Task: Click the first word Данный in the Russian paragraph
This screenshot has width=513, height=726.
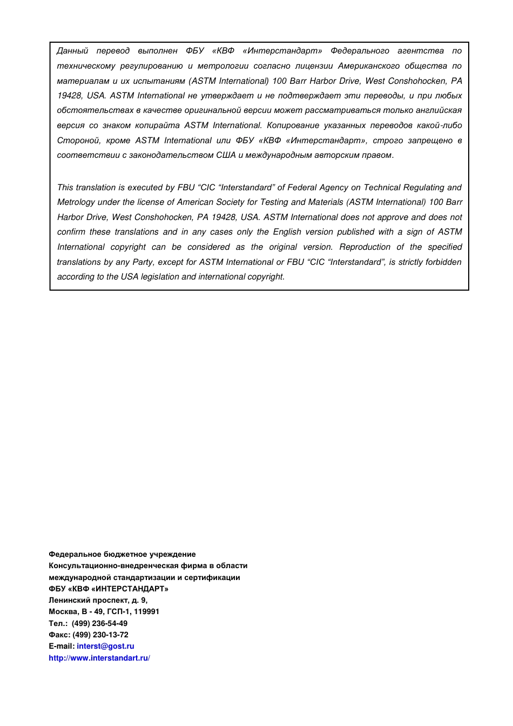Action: (x=72, y=51)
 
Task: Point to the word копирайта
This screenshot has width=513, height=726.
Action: (x=157, y=125)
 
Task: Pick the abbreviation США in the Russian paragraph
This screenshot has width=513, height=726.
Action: (x=226, y=155)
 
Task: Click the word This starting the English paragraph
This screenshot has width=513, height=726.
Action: (x=65, y=188)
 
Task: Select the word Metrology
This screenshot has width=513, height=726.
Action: (x=76, y=202)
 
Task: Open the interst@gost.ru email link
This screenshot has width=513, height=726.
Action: (x=105, y=647)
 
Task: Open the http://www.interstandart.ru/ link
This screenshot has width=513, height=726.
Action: (x=99, y=658)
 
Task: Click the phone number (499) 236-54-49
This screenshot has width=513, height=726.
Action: (x=99, y=623)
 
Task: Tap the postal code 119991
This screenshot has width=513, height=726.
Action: (x=146, y=612)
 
